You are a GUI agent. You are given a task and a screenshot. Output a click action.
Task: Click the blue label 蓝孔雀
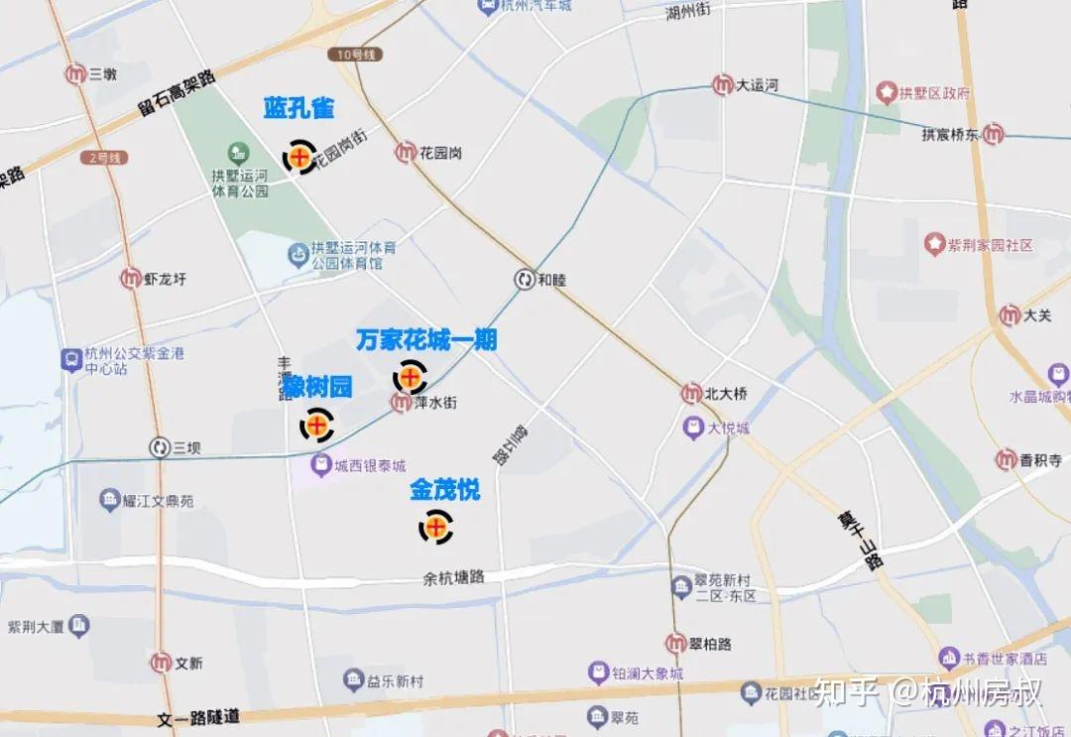coord(298,108)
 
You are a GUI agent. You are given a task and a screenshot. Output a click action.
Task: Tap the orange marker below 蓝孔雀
coord(299,157)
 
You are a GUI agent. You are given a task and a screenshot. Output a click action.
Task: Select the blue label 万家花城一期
coord(426,340)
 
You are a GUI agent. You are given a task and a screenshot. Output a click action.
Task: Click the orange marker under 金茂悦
coord(435,527)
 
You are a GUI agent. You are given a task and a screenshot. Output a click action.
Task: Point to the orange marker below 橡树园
coord(317,427)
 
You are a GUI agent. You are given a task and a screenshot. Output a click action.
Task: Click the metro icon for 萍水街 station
coord(401,403)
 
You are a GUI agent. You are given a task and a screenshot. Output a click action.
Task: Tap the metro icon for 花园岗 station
coord(406,153)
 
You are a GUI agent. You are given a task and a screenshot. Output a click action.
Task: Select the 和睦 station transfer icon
coord(524,280)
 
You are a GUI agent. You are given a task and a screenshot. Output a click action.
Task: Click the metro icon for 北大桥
coord(691,394)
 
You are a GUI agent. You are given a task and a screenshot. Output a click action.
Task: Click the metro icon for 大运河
coord(723,86)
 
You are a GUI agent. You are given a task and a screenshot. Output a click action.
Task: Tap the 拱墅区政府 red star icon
coord(886,93)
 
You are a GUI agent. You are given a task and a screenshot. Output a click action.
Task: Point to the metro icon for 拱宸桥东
coord(993,134)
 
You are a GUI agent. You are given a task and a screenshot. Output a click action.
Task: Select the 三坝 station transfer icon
coord(159,448)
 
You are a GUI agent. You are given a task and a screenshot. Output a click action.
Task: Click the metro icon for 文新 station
coord(161,662)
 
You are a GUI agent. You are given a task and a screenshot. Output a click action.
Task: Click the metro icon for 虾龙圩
coord(131,279)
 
